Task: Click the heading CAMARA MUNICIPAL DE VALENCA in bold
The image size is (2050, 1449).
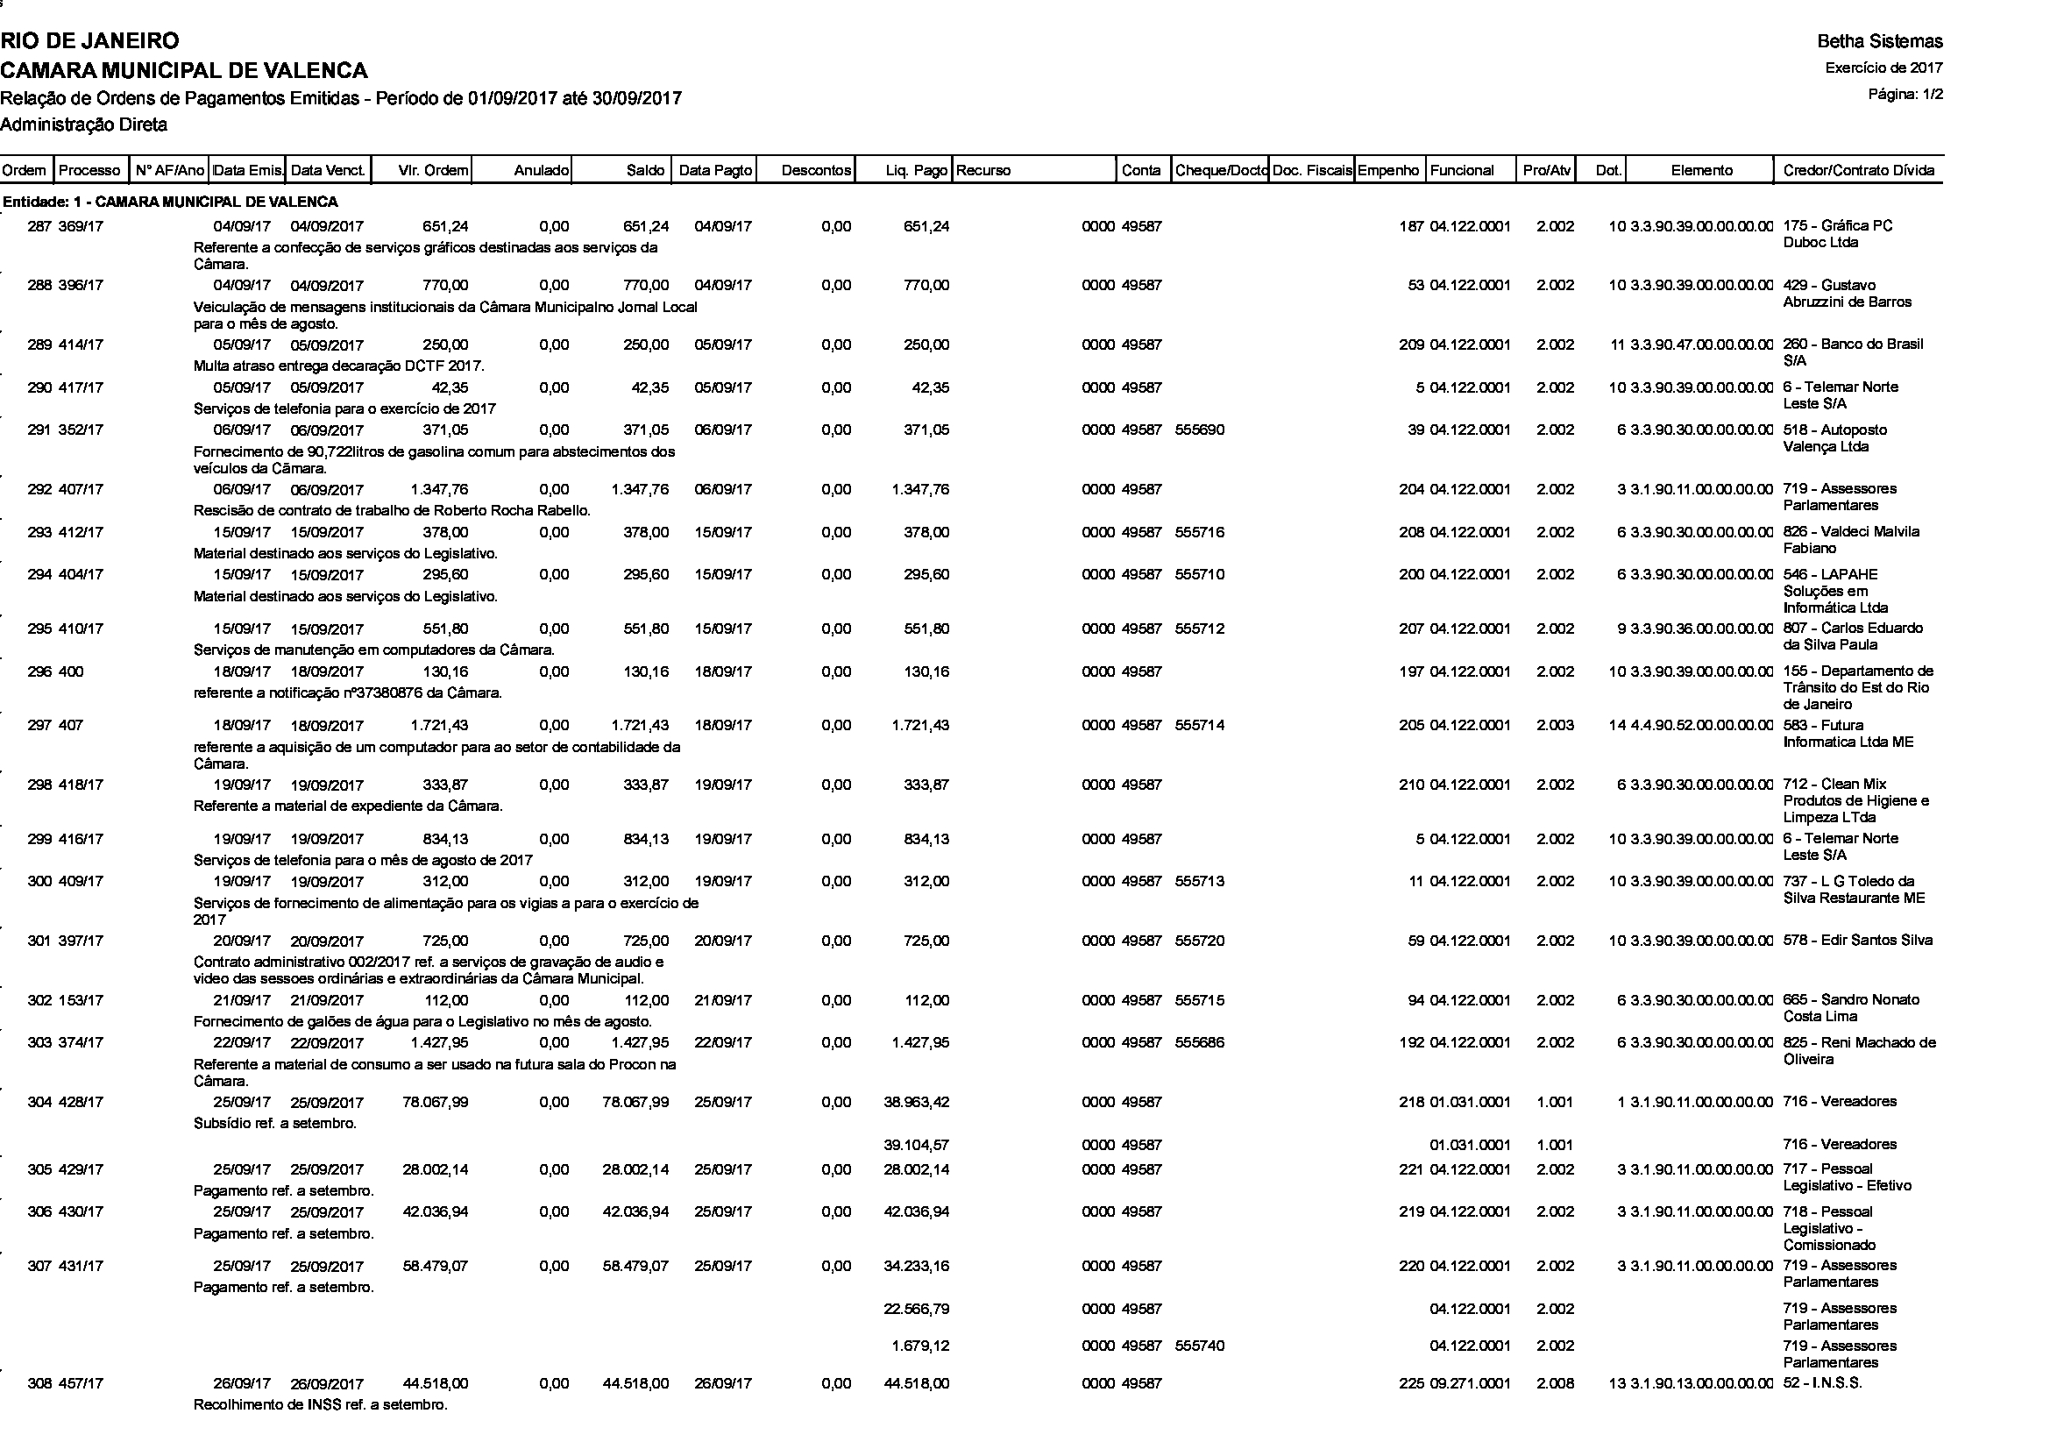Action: click(x=184, y=69)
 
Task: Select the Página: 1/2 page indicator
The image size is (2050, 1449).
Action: click(x=1905, y=94)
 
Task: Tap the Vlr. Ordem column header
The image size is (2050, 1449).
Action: click(x=433, y=171)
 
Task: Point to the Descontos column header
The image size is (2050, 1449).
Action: click(x=816, y=171)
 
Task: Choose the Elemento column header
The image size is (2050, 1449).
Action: click(x=1701, y=171)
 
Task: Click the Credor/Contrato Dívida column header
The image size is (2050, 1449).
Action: click(x=1859, y=171)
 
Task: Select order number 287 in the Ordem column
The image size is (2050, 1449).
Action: click(x=39, y=227)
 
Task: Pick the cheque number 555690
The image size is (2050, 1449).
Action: click(x=1200, y=430)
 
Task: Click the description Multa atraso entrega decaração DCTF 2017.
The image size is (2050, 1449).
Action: click(x=339, y=366)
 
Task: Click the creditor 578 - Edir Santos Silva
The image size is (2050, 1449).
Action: click(x=1857, y=940)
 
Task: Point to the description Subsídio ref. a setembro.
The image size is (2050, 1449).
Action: click(x=275, y=1123)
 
